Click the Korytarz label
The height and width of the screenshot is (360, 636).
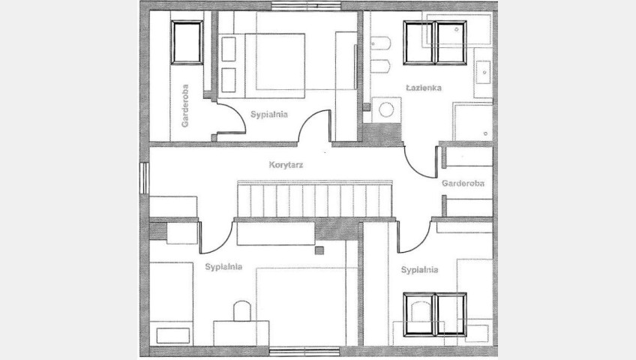point(286,164)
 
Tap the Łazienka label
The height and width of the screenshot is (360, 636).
point(424,87)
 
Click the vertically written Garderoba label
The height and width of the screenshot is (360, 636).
point(185,106)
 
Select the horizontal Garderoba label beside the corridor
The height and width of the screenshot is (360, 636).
point(463,183)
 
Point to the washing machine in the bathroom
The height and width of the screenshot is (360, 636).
point(386,109)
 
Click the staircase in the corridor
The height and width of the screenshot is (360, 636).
point(314,199)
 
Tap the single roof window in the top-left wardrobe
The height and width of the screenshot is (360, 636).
point(187,43)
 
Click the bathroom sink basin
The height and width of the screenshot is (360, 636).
point(483,72)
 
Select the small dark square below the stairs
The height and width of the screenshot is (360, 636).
point(319,250)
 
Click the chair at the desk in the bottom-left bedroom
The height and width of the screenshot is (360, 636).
point(241,311)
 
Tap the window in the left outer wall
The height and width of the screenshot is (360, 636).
point(145,178)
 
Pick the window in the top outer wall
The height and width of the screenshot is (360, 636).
point(306,6)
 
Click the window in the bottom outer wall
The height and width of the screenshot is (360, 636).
point(304,352)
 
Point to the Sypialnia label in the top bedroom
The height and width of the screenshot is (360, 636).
point(269,114)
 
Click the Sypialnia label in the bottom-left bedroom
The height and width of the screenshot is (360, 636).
point(223,267)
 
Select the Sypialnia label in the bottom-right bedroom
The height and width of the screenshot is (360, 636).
point(419,269)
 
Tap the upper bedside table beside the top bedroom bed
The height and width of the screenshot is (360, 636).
point(229,49)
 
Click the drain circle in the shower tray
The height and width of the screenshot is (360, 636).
point(485,133)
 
